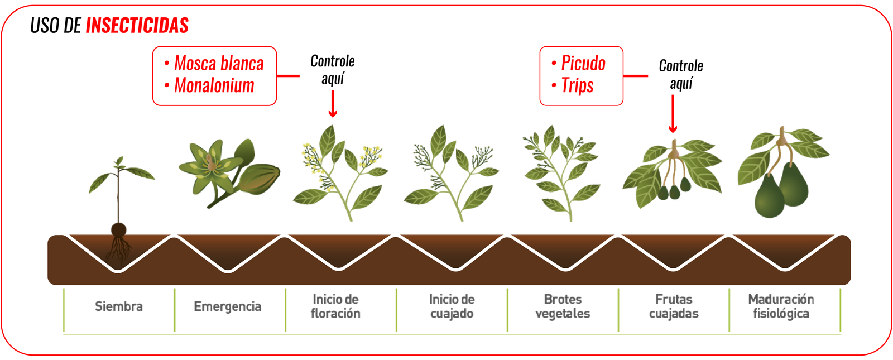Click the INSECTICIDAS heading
coord(137,26)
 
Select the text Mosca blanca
coord(218,64)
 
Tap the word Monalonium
coord(214,85)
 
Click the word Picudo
coord(583,64)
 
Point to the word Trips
coord(578,86)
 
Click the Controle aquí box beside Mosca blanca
coord(333,70)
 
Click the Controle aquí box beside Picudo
coord(681,75)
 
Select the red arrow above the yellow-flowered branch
coord(333,105)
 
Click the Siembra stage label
coord(118,306)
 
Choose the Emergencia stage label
coord(228,306)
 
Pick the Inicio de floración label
coord(336,306)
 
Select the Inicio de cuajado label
coord(452,306)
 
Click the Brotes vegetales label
coord(563,306)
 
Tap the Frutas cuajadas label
coord(674,306)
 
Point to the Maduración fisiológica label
coord(781,306)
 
